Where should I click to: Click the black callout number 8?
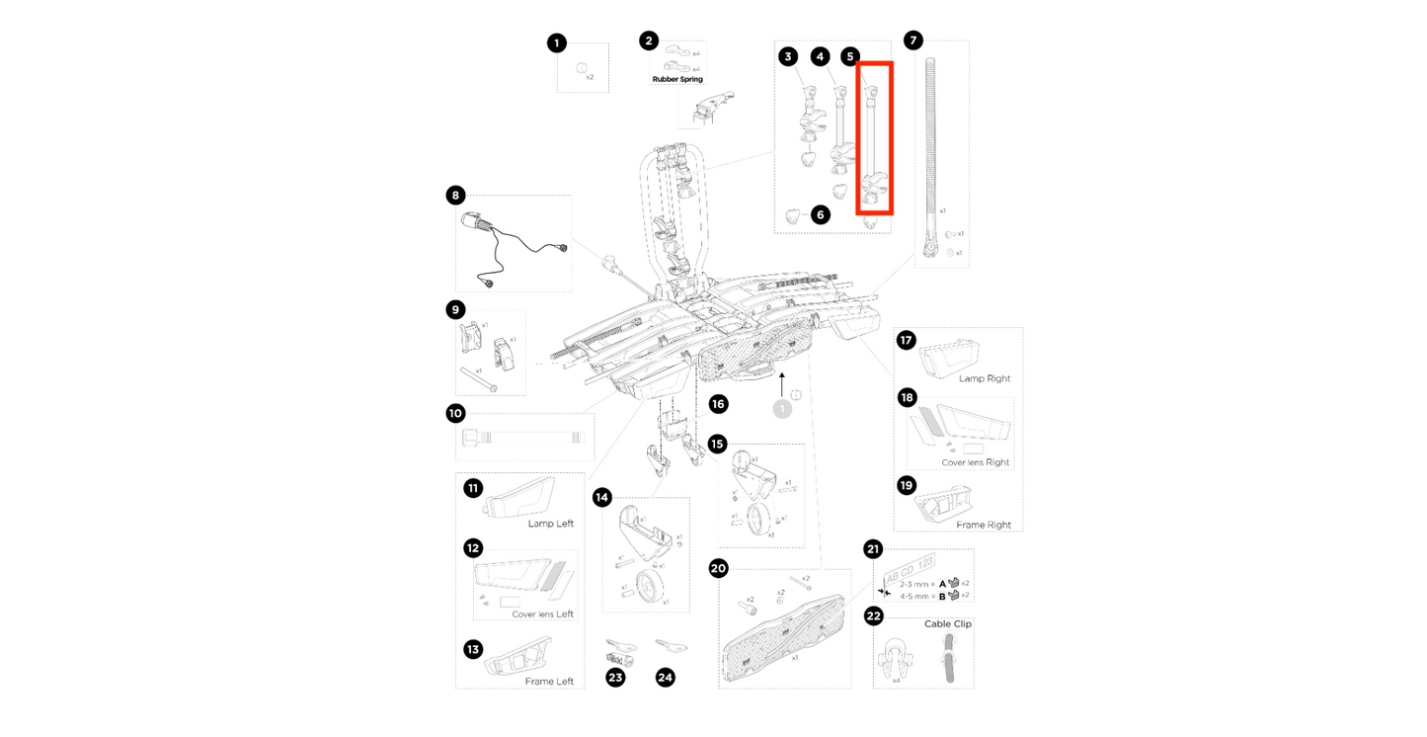tap(455, 196)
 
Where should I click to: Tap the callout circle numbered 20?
tap(718, 568)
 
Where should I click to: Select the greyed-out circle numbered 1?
tap(782, 407)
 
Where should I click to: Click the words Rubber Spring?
tap(676, 78)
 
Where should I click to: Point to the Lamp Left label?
tap(550, 524)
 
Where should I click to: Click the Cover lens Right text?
tap(976, 462)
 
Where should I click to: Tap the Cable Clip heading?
tap(947, 624)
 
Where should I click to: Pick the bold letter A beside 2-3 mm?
tap(942, 583)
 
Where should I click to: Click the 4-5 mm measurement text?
tap(910, 596)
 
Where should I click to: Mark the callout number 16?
tap(718, 403)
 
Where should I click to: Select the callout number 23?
tap(615, 678)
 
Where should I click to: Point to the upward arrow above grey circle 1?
tap(781, 381)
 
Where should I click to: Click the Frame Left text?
tap(549, 682)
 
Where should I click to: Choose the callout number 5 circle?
tap(849, 57)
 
